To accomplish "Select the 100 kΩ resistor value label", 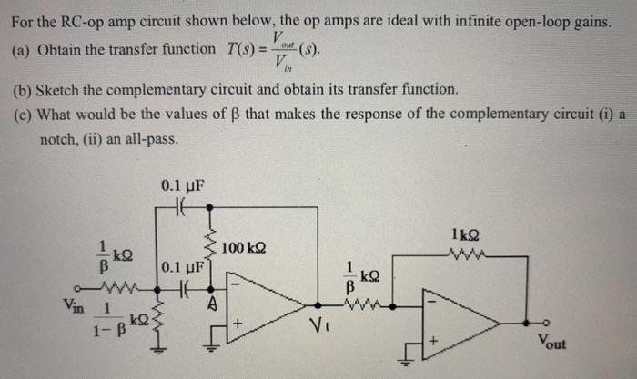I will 243,248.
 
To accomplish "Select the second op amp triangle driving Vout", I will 455,324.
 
